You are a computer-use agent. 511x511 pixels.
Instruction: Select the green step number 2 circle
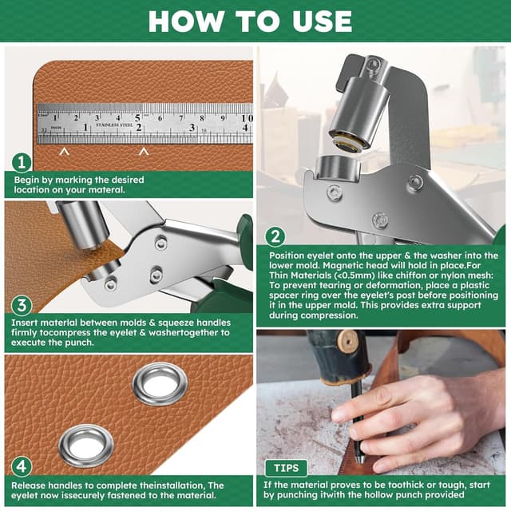(x=275, y=236)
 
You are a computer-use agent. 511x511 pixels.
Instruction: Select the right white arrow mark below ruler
(x=143, y=150)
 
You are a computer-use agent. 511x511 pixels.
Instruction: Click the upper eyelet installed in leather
(x=158, y=382)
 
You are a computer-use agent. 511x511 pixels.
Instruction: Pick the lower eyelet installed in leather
(x=85, y=445)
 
